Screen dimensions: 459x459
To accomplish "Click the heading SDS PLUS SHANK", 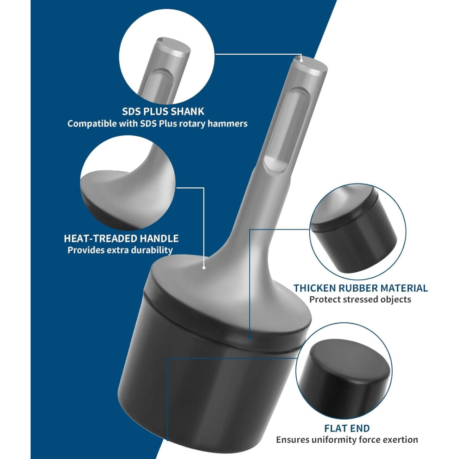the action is pos(163,112).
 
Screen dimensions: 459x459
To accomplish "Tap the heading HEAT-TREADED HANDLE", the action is pos(121,239).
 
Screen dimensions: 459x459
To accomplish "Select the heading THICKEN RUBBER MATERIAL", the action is pos(361,288).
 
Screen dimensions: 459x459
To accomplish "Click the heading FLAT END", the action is pos(347,428).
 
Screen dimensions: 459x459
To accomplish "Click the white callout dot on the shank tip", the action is pos(301,61).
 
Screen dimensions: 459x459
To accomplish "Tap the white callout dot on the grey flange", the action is pos(204,268).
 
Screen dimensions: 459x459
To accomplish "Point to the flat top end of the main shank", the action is pos(310,64).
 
